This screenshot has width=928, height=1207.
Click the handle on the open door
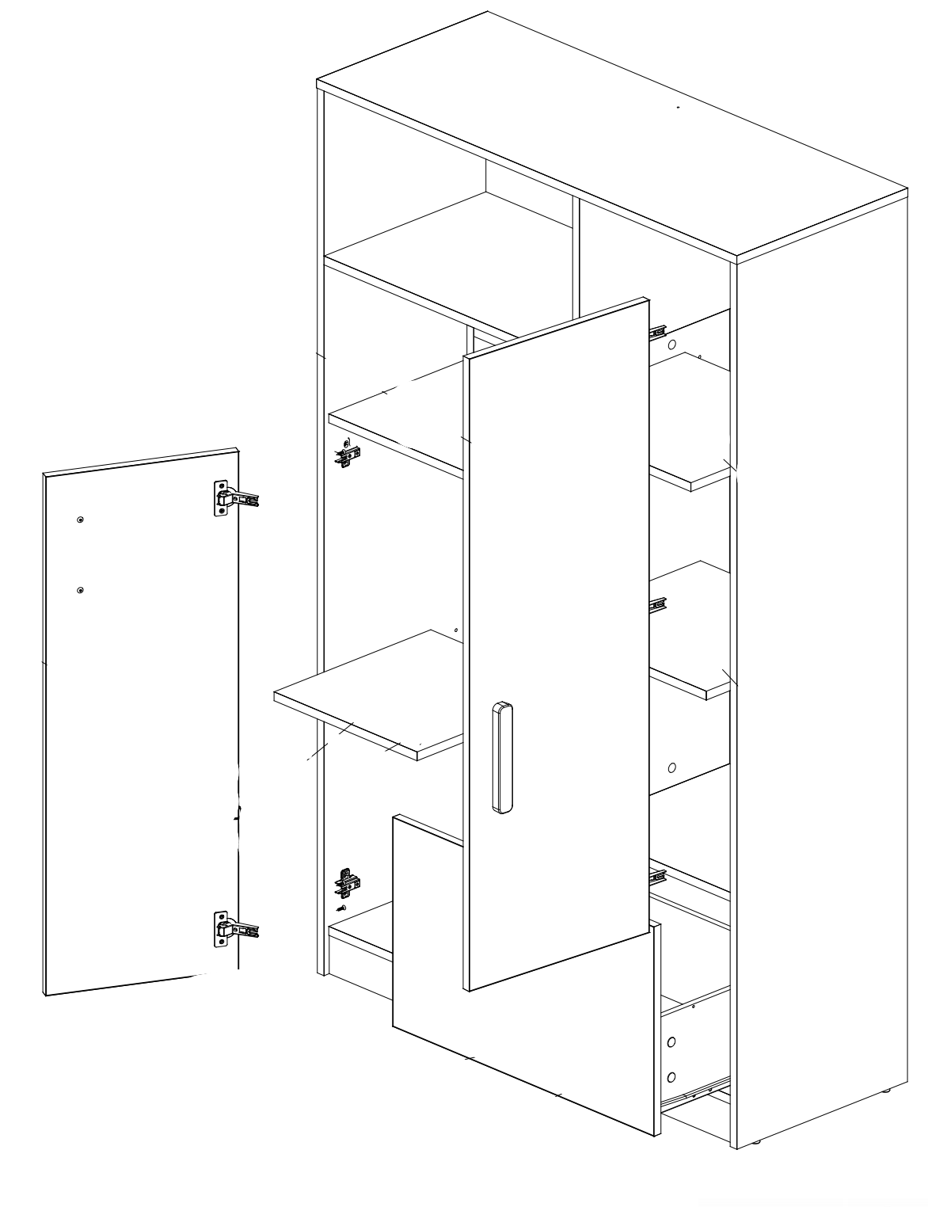click(501, 756)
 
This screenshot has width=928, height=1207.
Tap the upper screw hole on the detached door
click(81, 520)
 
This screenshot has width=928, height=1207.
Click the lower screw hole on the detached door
click(81, 590)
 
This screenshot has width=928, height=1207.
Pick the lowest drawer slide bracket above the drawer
click(656, 875)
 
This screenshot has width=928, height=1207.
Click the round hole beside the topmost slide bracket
click(672, 345)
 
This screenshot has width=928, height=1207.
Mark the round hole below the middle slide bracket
click(672, 767)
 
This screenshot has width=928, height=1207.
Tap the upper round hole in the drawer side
click(671, 1042)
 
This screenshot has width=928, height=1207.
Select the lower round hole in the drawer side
click(671, 1076)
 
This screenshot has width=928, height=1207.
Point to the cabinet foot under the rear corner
click(886, 1091)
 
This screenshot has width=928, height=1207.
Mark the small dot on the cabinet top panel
click(678, 106)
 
